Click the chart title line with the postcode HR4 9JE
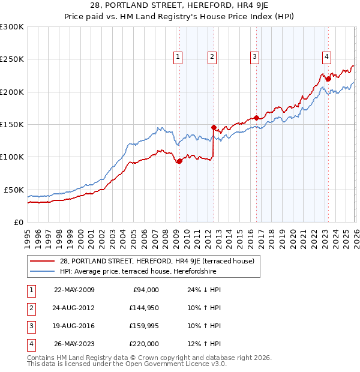[180, 7]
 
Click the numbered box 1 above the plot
[178, 57]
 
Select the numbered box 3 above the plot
[254, 57]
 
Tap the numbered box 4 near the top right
[326, 57]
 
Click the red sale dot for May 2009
[179, 161]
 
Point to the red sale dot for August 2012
[214, 127]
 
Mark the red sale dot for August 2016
[256, 118]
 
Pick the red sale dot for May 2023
[328, 79]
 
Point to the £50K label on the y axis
[14, 190]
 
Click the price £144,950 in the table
[144, 308]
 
